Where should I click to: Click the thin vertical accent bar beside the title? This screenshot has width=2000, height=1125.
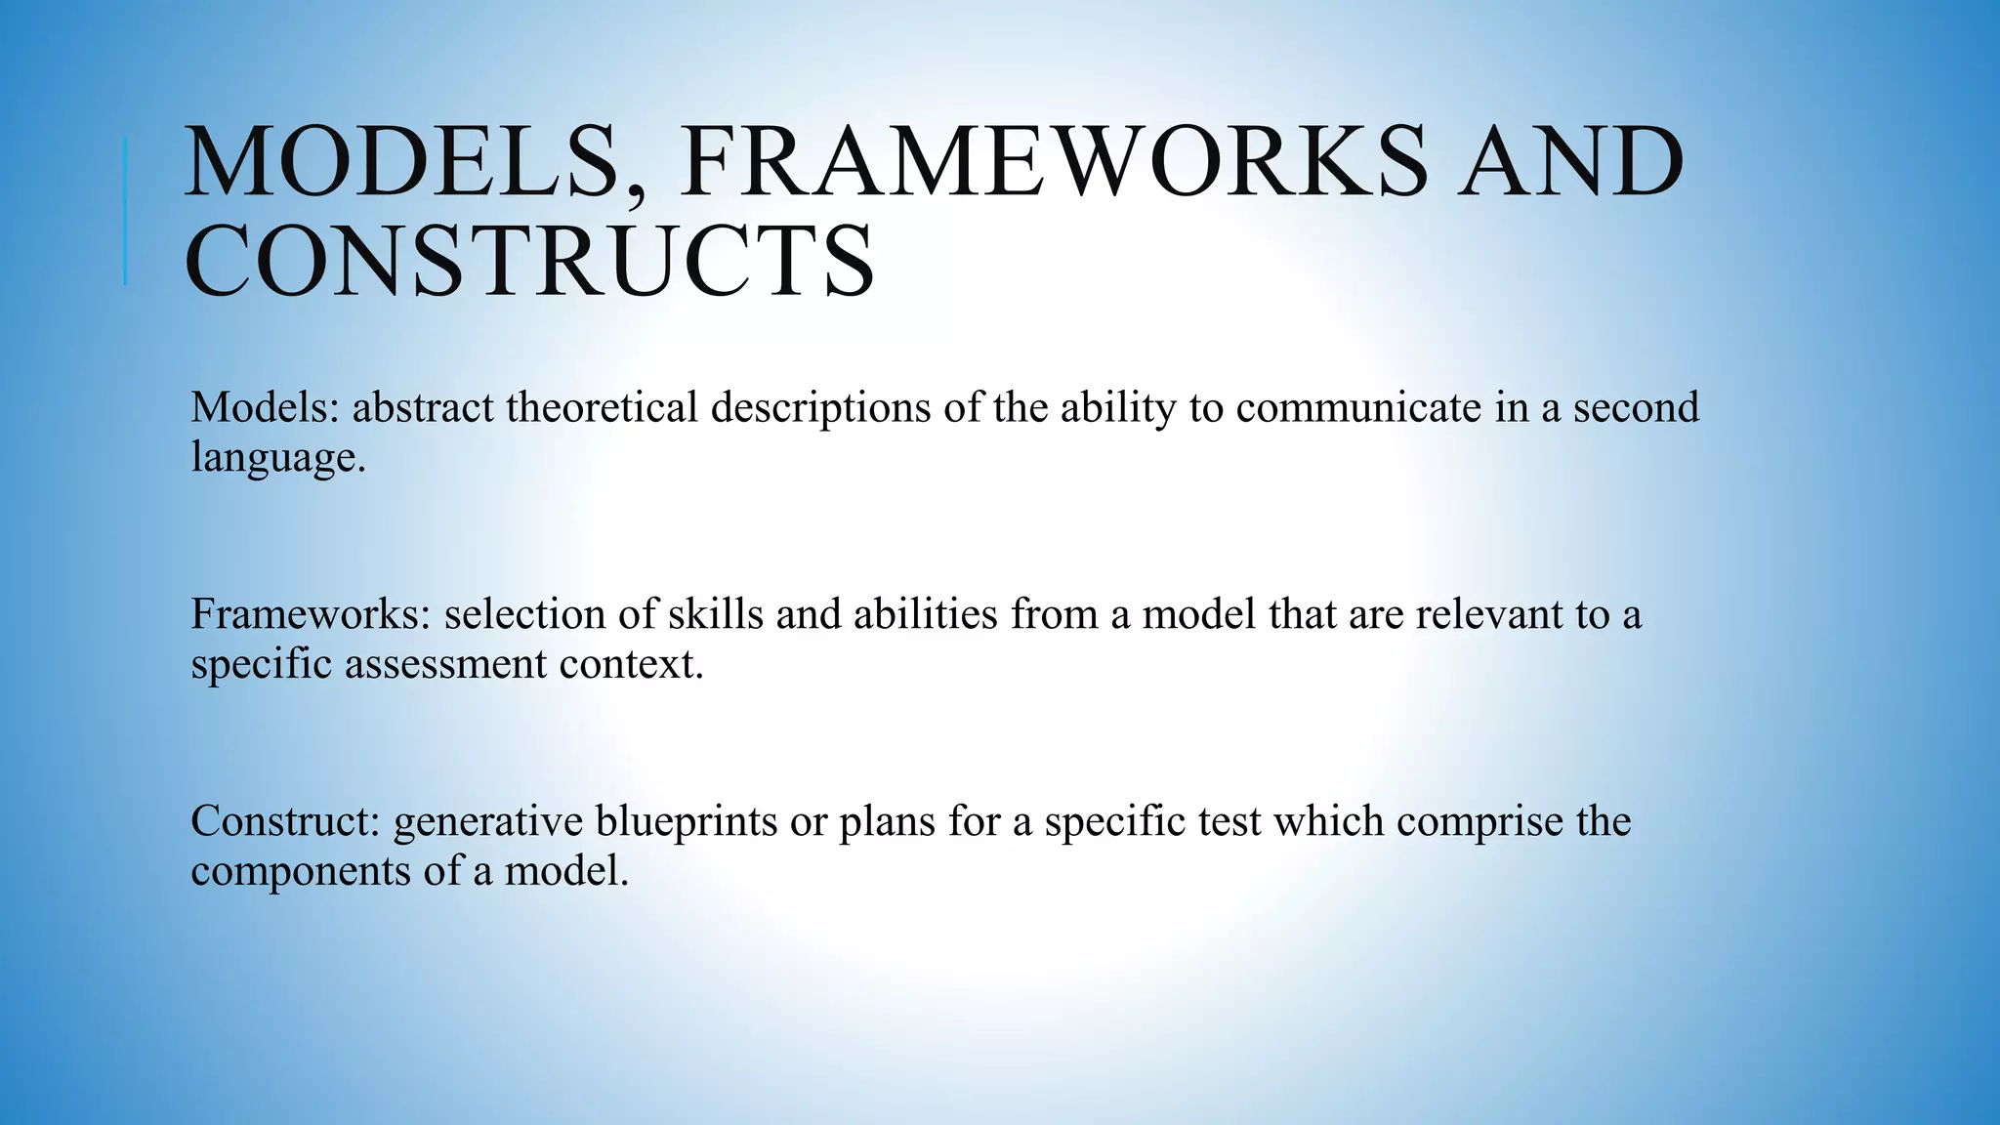125,211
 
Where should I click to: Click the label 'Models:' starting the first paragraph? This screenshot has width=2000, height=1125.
265,407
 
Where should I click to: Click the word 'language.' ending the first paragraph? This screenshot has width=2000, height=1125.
278,458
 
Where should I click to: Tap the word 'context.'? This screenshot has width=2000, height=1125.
631,665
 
